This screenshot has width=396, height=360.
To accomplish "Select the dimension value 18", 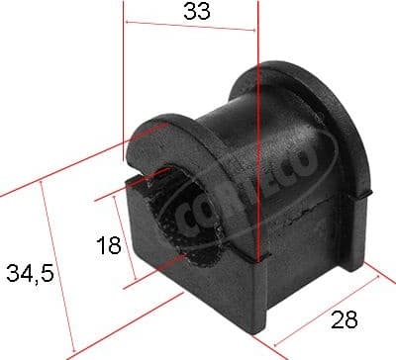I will pos(108,245).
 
